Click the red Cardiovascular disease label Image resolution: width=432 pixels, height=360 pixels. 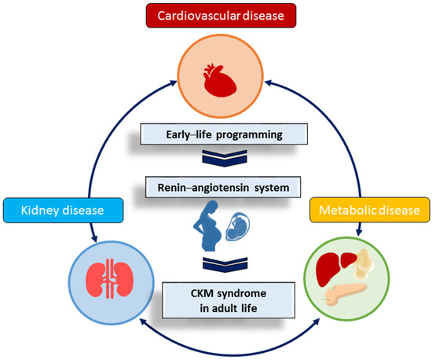point(217,17)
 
